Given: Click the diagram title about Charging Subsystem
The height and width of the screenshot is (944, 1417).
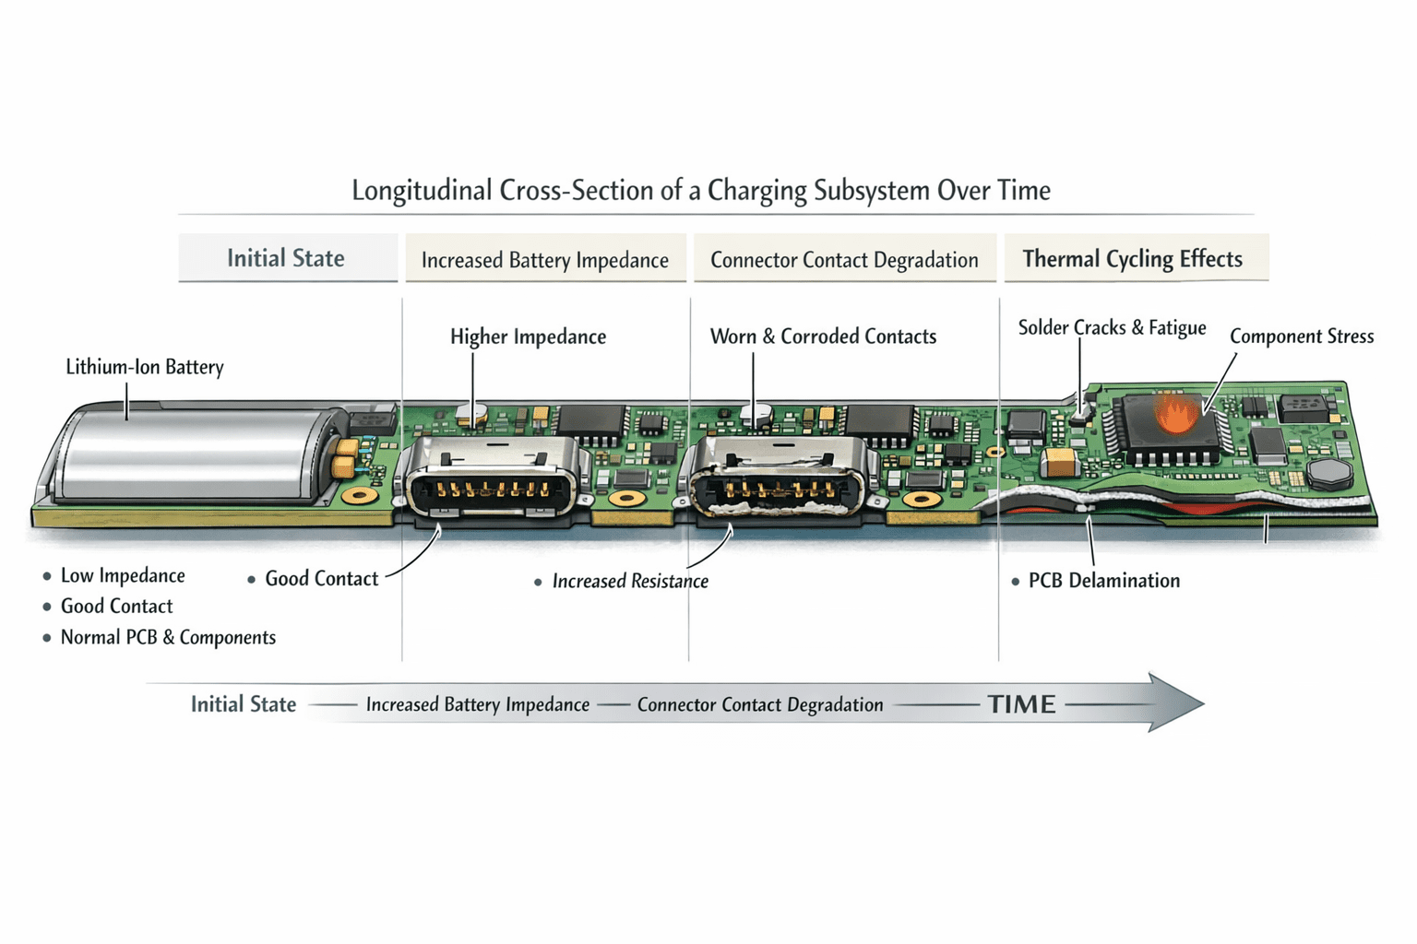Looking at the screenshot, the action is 701,190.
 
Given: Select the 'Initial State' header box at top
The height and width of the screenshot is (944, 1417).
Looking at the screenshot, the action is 288,257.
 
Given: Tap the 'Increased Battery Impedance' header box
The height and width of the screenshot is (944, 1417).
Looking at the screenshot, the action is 545,258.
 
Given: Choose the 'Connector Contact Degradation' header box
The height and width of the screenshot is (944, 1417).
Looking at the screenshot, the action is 844,258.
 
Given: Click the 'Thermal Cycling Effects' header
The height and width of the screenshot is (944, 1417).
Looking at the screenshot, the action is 1137,258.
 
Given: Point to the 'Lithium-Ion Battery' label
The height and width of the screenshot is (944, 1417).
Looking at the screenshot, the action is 145,367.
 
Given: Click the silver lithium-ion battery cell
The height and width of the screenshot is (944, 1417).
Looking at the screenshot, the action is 190,456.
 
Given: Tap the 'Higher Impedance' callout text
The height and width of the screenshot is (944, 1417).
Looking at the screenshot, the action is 529,336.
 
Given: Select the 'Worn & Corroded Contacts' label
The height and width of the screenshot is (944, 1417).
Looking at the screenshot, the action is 823,336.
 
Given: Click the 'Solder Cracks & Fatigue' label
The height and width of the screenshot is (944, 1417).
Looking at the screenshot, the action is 1112,327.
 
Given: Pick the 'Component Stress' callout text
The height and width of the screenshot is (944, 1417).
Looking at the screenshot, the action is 1302,336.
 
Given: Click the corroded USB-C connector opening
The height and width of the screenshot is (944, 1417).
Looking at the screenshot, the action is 778,490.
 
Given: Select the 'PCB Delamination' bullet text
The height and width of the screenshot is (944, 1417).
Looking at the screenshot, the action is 1104,581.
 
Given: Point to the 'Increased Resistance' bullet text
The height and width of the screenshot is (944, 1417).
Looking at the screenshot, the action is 630,581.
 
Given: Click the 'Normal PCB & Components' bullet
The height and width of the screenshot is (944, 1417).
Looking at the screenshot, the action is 168,637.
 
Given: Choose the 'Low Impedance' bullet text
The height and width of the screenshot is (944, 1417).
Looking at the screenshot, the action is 123,575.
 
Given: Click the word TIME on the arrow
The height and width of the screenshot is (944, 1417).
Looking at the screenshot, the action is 1022,704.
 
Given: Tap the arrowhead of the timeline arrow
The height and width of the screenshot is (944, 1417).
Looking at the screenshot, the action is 1175,703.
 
